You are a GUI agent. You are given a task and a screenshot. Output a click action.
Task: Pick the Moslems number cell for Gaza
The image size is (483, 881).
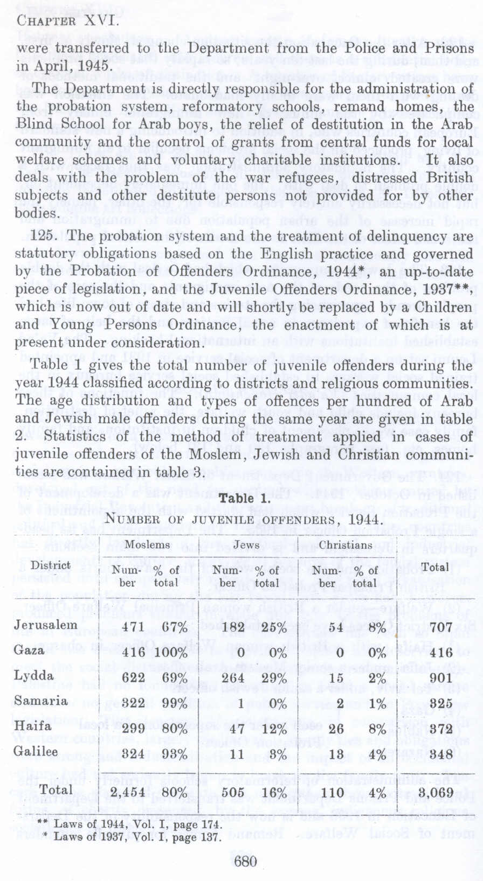coord(134,651)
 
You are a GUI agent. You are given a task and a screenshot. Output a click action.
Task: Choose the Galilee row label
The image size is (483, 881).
coord(36,752)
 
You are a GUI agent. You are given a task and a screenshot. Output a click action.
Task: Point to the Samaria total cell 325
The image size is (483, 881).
coord(434,702)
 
